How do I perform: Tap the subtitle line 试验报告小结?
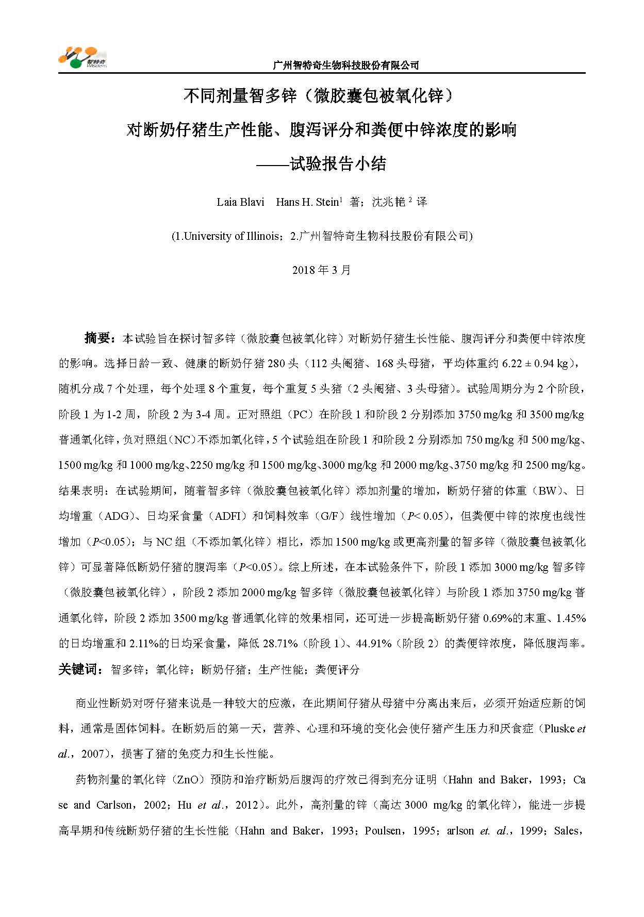click(338, 165)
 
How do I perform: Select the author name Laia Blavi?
click(240, 202)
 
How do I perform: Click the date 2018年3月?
click(321, 270)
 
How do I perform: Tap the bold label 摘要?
click(98, 338)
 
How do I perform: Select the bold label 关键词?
click(77, 669)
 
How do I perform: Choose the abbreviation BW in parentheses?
click(548, 490)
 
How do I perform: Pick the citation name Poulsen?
click(383, 831)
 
